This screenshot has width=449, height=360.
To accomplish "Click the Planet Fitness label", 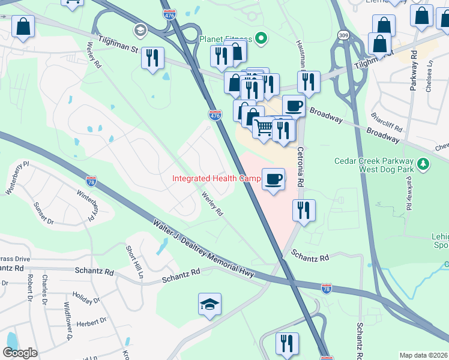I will point(225,40).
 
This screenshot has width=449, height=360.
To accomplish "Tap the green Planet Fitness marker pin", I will point(261,40).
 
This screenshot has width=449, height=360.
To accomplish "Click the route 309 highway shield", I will point(342,35).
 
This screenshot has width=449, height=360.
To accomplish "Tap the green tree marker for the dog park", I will point(423,163).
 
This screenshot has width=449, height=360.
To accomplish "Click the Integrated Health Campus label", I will point(216,178).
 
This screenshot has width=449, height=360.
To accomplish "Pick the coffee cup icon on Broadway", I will point(294,106).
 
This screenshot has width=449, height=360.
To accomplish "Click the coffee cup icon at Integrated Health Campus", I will point(273,179).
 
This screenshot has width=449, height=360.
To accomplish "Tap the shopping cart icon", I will point(263,127).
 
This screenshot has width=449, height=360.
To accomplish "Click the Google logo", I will point(20,353).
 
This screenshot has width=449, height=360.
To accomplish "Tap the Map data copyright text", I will point(423,355).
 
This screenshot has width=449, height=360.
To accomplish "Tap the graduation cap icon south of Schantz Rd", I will point(209,305).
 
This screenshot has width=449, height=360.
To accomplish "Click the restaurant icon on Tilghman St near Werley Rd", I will point(152,58).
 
